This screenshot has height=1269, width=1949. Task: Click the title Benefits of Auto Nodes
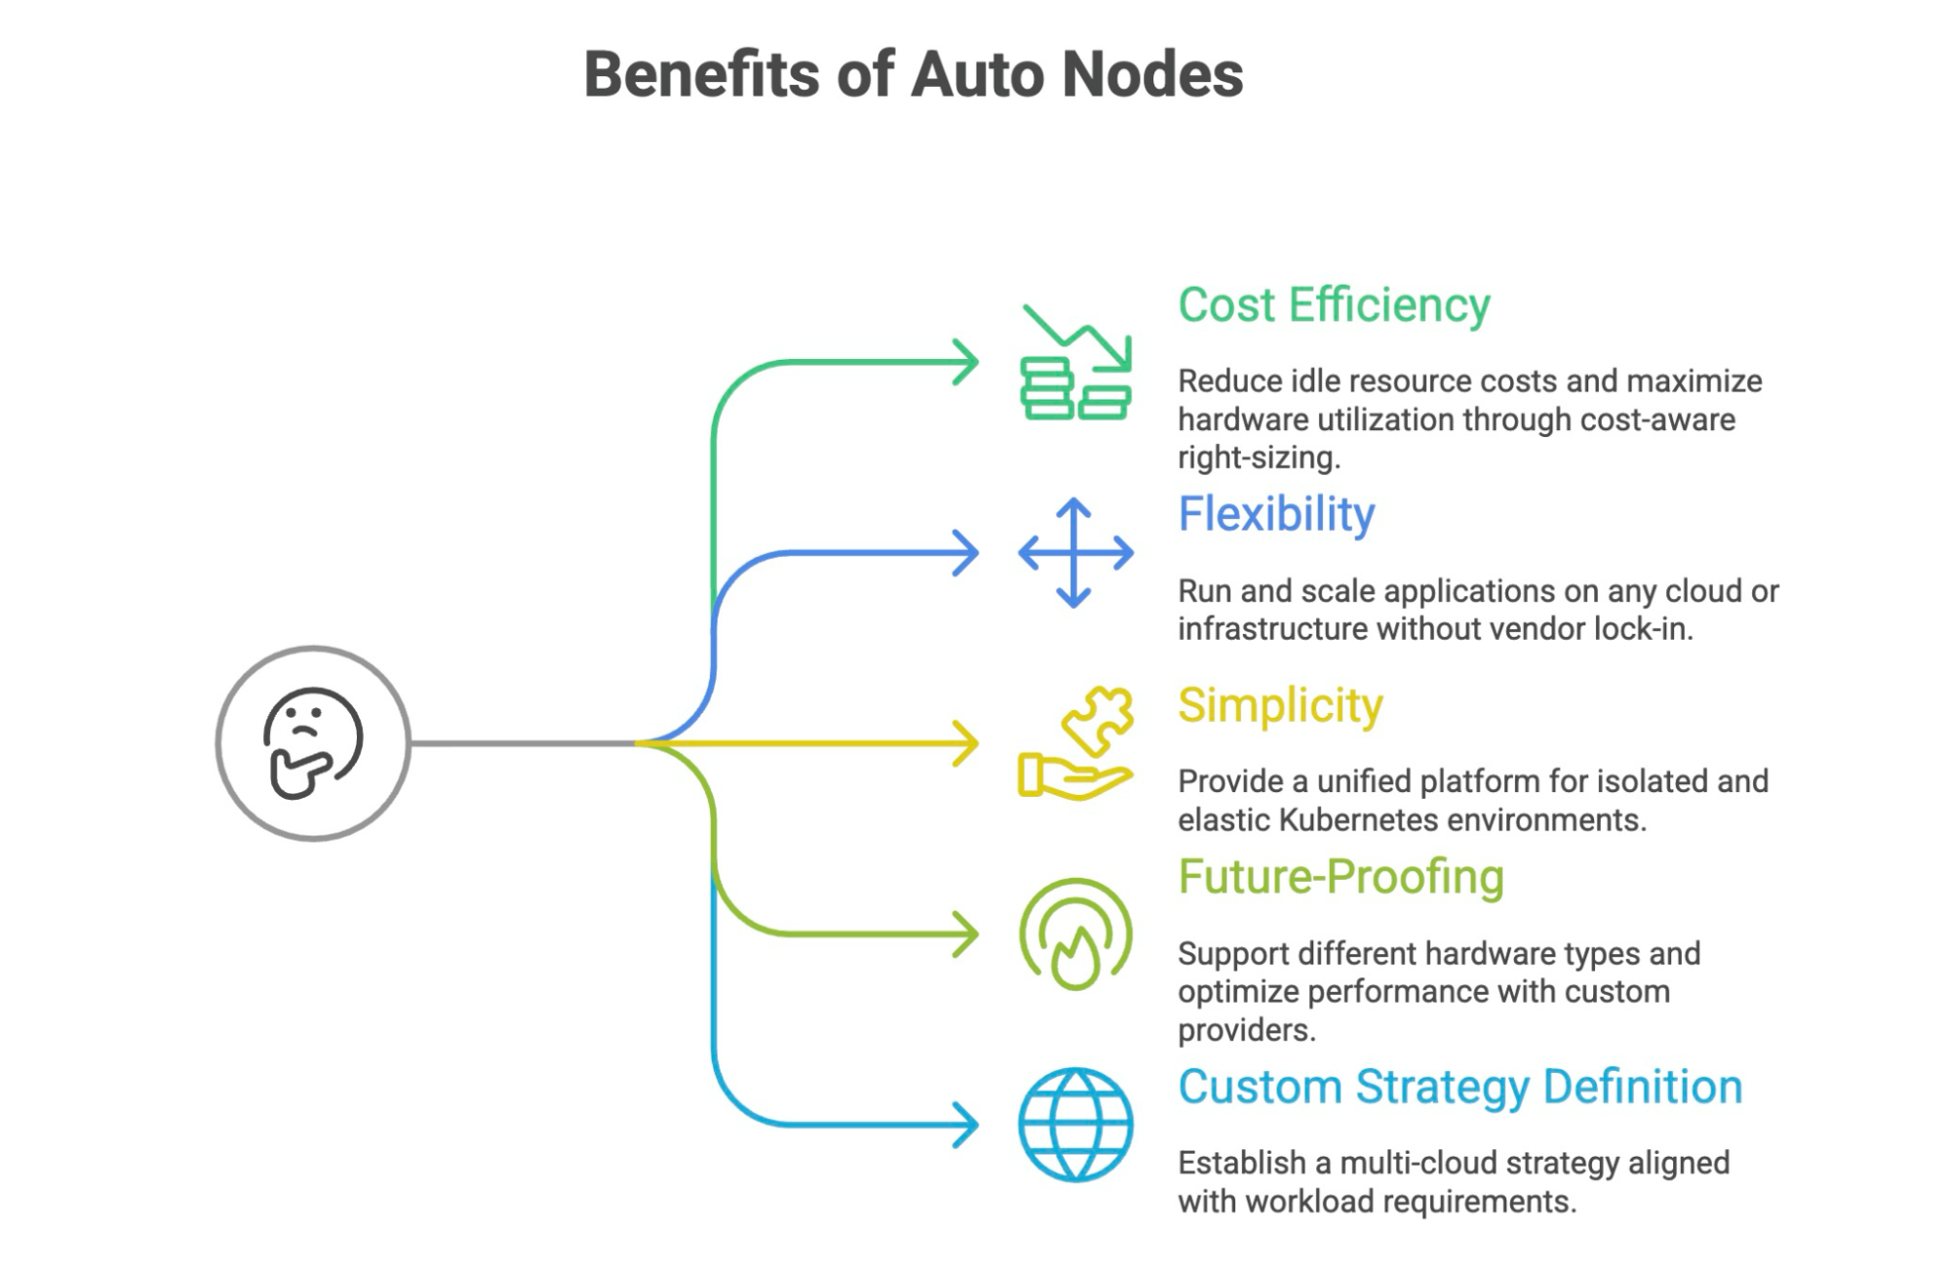click(914, 74)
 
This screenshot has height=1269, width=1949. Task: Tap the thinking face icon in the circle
click(313, 743)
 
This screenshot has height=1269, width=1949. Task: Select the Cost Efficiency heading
click(1334, 305)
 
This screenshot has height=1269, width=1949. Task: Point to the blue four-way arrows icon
click(1075, 553)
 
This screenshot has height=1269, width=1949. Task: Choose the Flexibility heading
click(1276, 514)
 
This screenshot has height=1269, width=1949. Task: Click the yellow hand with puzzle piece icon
click(1075, 743)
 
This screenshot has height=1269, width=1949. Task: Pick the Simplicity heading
click(1280, 705)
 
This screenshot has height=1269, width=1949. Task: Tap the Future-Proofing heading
click(1341, 877)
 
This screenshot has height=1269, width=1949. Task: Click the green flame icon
click(1075, 934)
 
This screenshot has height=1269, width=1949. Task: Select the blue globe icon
click(1075, 1125)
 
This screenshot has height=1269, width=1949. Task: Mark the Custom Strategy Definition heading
click(1460, 1087)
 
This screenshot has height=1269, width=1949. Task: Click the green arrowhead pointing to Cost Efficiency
click(966, 362)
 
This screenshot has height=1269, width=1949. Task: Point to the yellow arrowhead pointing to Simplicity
click(966, 743)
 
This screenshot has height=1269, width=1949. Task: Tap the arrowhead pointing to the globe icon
click(966, 1125)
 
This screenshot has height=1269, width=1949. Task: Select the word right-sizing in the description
click(1259, 457)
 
